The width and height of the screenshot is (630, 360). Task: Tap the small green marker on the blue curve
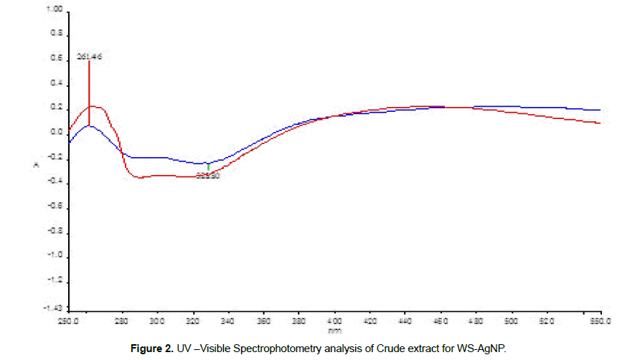(x=208, y=166)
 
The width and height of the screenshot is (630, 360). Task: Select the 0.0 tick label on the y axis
(x=55, y=133)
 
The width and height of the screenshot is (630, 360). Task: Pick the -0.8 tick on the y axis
(x=55, y=232)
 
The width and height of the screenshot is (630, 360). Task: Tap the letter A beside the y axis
(x=47, y=165)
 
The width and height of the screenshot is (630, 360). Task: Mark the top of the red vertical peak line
(x=89, y=62)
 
